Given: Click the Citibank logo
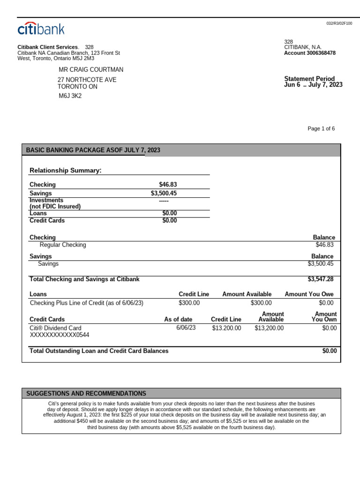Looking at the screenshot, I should click(41, 29).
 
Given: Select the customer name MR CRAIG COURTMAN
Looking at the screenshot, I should click(91, 70).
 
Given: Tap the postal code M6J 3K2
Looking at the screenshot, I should click(70, 96).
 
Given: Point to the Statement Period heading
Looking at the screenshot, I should click(309, 79).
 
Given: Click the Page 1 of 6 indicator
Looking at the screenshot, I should click(321, 129).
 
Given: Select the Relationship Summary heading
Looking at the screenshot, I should click(66, 170).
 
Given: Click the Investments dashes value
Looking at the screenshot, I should click(164, 201).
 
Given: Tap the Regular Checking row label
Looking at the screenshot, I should click(63, 245).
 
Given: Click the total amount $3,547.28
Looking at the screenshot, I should click(321, 279).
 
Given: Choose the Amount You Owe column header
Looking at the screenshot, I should click(309, 294).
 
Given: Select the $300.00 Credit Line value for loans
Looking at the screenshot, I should click(189, 303).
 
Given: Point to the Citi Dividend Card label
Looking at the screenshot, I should click(55, 328).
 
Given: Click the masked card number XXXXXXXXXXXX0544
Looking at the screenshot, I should click(60, 335).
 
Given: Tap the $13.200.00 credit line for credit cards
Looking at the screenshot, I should click(226, 328).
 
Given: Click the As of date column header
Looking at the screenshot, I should click(178, 320).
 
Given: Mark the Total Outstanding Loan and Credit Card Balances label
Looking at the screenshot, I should click(99, 351).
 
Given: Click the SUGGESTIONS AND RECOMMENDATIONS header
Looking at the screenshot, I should click(86, 394).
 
